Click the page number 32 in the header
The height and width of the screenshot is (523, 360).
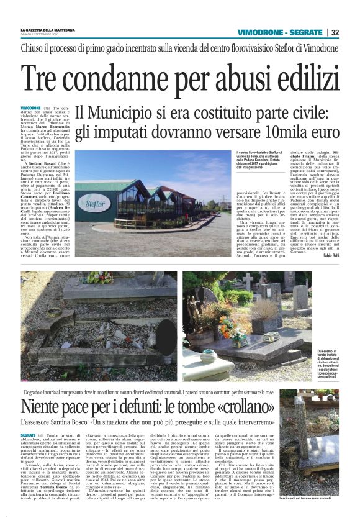click(335, 32)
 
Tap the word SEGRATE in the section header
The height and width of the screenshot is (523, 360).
click(306, 32)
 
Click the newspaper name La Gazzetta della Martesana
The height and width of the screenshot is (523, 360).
click(48, 29)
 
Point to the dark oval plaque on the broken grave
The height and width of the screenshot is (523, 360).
click(167, 328)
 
